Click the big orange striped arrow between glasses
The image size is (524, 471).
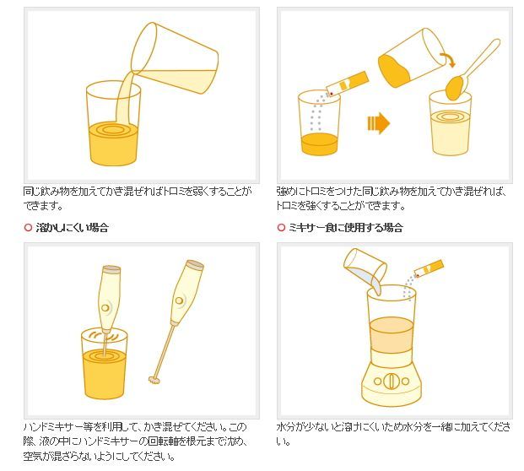tap(379, 123)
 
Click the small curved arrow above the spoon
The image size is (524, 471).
tap(448, 59)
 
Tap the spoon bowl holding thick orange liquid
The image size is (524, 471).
tap(456, 88)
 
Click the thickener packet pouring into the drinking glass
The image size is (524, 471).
tap(347, 84)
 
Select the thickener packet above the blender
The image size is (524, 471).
tap(429, 268)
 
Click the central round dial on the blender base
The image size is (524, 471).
tap(391, 381)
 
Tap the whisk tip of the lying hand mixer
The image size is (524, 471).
tap(154, 380)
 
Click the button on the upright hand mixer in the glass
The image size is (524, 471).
tap(105, 307)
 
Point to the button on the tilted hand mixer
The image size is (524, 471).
tap(180, 300)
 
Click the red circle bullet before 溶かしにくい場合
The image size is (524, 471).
tap(28, 228)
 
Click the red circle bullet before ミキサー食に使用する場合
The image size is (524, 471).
tap(281, 228)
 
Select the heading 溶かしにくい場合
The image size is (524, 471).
tap(73, 228)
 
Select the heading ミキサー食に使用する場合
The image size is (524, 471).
tap(346, 228)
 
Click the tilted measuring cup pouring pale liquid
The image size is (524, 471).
tap(175, 58)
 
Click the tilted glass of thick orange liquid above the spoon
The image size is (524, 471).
tap(413, 58)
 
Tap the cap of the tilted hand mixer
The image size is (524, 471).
tap(195, 265)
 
